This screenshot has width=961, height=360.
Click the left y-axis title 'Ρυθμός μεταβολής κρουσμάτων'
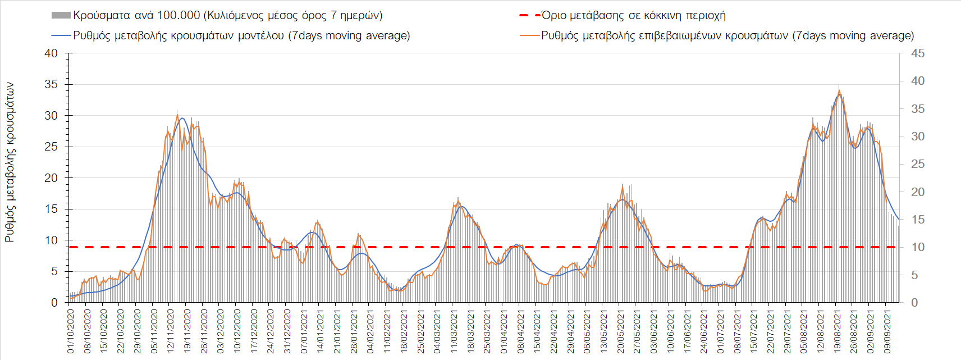tap(10, 162)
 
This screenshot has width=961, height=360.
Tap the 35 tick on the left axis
tap(51, 84)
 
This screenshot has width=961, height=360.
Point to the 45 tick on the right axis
tap(918, 53)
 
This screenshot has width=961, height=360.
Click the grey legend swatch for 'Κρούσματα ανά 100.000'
tap(61, 15)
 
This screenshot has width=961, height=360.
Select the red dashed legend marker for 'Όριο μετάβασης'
tap(530, 15)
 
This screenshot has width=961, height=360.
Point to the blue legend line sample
tap(61, 35)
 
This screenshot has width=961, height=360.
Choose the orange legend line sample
tap(530, 35)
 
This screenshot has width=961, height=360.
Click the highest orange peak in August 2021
tap(839, 90)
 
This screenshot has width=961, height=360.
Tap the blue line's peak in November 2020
tap(182, 118)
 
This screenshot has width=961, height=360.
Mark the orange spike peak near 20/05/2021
tap(623, 185)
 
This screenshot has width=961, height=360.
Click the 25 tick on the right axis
tap(918, 164)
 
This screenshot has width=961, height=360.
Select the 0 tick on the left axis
tap(54, 303)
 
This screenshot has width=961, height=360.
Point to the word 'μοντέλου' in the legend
tap(261, 35)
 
